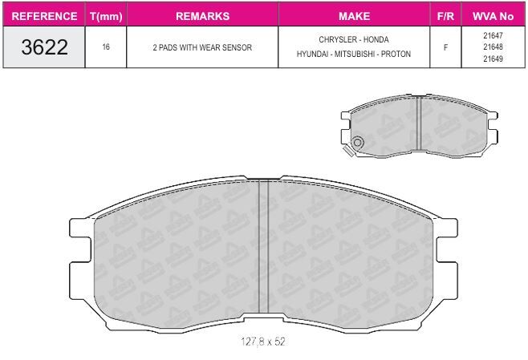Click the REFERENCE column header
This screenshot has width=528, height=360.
pos(44,16)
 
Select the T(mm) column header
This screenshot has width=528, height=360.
pos(106,16)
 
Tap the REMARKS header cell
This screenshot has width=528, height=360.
pos(202,16)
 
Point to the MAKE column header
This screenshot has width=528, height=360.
pos(354,16)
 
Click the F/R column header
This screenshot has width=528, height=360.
pos(445,16)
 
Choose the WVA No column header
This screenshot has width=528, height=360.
pos(493,16)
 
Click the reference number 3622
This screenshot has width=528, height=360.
pos(44,47)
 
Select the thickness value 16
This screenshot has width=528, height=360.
pos(106,47)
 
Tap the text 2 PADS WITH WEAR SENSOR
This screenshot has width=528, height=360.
pos(202,47)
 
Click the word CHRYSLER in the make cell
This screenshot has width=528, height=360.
pos(337,39)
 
